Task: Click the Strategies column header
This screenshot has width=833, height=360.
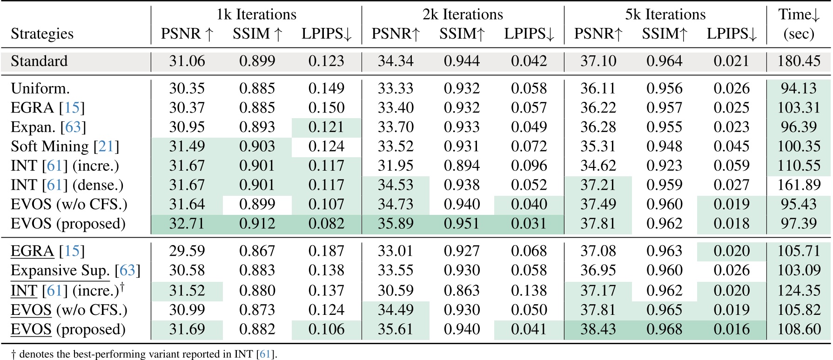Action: pyautogui.click(x=42, y=34)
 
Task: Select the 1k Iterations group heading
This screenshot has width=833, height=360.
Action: pyautogui.click(x=256, y=14)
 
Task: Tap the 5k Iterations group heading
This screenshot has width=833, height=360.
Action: pyautogui.click(x=665, y=14)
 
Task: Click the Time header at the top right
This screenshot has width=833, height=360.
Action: pyautogui.click(x=799, y=14)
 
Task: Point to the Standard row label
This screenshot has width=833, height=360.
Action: pyautogui.click(x=39, y=61)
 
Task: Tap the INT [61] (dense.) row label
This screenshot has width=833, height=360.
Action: pyautogui.click(x=67, y=185)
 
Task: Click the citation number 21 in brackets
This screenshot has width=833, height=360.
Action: pyautogui.click(x=106, y=147)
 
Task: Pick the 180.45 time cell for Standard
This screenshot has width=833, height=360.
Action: pyautogui.click(x=799, y=61)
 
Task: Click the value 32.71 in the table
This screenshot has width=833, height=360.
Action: pyautogui.click(x=187, y=224)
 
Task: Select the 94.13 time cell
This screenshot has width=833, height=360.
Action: pyautogui.click(x=799, y=88)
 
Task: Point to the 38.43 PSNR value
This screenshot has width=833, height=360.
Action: pyautogui.click(x=598, y=329)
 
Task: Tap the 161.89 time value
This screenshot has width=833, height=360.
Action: pyautogui.click(x=799, y=185)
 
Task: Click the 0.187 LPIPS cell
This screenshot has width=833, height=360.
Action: pyautogui.click(x=326, y=251)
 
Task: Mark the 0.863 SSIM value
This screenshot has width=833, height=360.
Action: pyautogui.click(x=462, y=291)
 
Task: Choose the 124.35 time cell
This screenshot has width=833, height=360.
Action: pyautogui.click(x=799, y=291)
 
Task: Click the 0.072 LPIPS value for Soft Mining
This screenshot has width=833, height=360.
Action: pyautogui.click(x=529, y=147)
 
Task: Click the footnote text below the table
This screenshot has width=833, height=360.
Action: pyautogui.click(x=144, y=354)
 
